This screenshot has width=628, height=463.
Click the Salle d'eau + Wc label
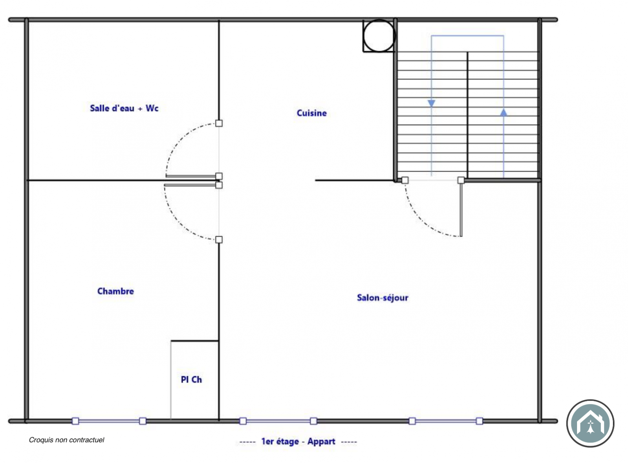[124, 108]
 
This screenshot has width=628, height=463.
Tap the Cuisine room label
[312, 113]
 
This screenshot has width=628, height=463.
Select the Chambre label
[115, 291]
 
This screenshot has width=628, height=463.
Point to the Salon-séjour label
[383, 298]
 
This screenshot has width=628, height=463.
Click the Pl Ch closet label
[191, 380]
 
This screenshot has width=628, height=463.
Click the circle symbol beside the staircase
[379, 36]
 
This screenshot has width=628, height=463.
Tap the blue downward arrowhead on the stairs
[432, 103]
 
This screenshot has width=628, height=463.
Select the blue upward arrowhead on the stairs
[503, 112]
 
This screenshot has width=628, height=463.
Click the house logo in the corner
[590, 423]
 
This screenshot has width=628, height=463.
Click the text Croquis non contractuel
[66, 440]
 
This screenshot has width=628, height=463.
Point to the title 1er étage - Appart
[298, 441]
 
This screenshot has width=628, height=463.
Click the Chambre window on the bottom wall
[109, 421]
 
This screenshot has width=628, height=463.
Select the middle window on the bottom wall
[278, 421]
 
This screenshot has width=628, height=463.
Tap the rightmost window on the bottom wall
[446, 421]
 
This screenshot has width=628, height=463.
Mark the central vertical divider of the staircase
[467, 115]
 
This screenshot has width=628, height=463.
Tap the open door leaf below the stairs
[461, 210]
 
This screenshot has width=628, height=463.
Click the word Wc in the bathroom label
[152, 108]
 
